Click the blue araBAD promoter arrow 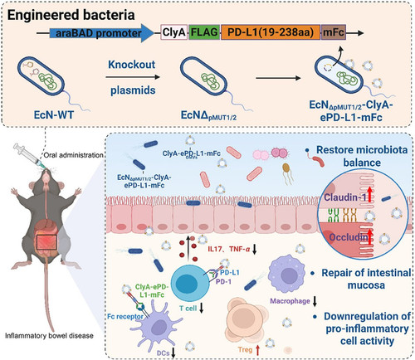point(101,33)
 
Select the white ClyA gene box point(174,32)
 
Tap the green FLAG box point(204,32)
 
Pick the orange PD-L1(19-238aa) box point(271,32)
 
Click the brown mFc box point(334,32)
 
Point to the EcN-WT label point(54,114)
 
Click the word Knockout point(132,65)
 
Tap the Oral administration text point(73,155)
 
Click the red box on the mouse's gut point(46,242)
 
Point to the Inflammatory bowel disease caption point(49,336)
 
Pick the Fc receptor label point(125,316)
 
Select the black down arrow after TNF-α point(255,249)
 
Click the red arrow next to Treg point(258,350)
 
